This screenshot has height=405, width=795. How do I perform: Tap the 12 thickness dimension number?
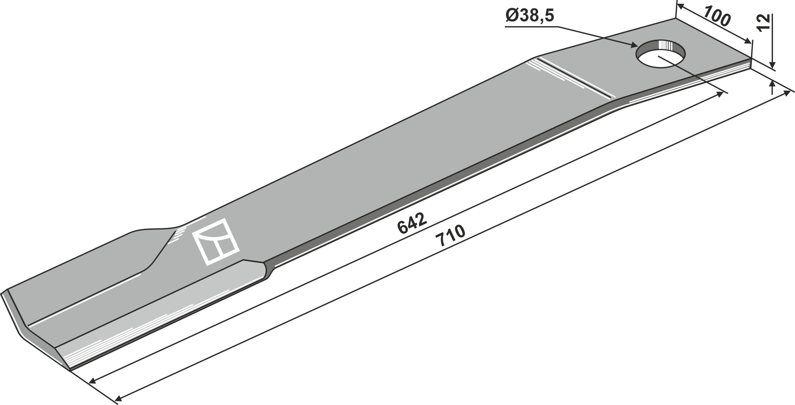(x=763, y=23)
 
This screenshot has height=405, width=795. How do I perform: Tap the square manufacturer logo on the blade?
(x=216, y=242)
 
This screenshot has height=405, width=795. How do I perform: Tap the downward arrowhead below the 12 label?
(x=771, y=74)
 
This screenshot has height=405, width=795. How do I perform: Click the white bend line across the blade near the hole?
(x=577, y=77)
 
